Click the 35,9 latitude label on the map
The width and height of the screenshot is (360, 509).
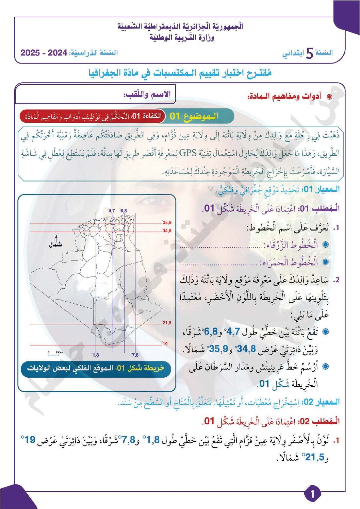[x=167, y=223]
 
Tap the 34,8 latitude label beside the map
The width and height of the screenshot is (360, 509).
[x=167, y=231]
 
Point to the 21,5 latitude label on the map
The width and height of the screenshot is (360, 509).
[x=167, y=323]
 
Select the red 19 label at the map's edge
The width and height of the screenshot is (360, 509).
[x=165, y=344]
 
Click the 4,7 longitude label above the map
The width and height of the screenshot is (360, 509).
[x=112, y=211]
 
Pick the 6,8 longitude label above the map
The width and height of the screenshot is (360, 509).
[x=124, y=211]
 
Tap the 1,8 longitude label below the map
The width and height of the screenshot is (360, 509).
[x=96, y=355]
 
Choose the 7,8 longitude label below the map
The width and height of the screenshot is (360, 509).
[x=135, y=355]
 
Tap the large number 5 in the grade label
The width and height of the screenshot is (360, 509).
[x=309, y=53]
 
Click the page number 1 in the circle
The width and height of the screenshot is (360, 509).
[x=312, y=494]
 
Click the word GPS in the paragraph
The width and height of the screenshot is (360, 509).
[x=187, y=153]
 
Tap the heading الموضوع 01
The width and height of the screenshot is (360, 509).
[x=194, y=116]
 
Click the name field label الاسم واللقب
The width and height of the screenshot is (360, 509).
[x=147, y=94]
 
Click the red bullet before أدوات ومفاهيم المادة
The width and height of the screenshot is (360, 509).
[x=329, y=97]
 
